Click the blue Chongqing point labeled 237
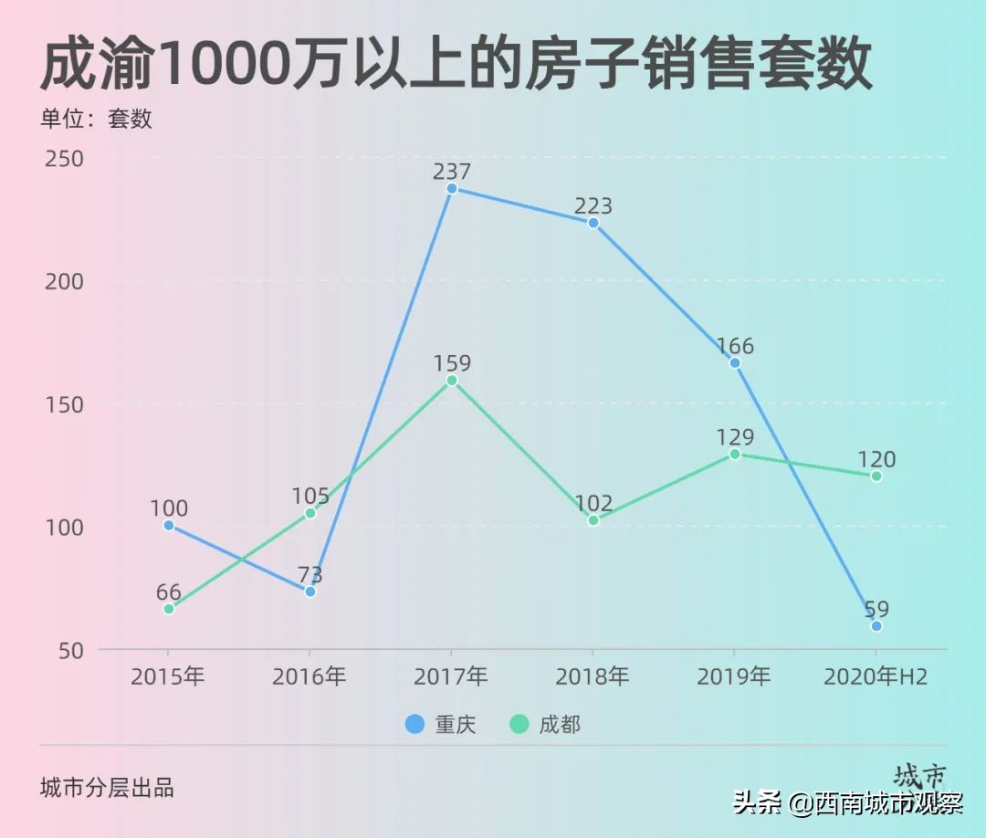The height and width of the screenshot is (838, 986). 451,188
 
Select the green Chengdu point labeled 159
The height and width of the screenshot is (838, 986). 451,380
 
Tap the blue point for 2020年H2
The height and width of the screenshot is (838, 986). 876,626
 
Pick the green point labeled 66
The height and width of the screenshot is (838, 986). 169,609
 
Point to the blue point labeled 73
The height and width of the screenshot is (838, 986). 310,592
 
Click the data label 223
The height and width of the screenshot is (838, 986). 593,206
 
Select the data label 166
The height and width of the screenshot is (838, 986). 735,346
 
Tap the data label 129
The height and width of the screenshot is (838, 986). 735,437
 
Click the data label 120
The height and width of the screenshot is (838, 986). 876,459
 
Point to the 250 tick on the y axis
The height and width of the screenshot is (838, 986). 65,159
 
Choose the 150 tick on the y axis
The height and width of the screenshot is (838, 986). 65,404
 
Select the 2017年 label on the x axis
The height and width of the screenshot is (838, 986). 451,676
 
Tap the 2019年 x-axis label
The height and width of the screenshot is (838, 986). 734,676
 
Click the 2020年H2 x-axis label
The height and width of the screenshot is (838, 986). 876,676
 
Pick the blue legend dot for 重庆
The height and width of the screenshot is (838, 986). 414,724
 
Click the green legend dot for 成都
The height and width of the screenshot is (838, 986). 519,724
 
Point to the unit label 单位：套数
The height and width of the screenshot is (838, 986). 96,120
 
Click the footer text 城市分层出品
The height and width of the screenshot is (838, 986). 108,788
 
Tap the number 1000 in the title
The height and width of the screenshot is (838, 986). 224,64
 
